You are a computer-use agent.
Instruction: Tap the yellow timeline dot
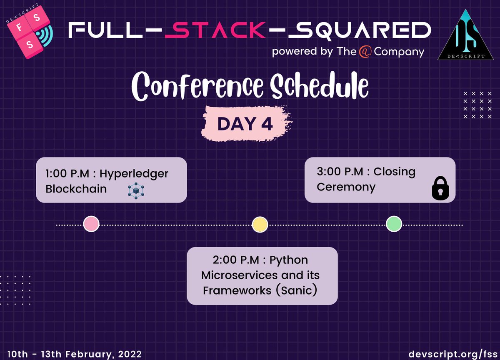point(260,225)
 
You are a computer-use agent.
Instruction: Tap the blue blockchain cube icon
point(135,190)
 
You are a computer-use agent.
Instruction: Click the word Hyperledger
point(134,173)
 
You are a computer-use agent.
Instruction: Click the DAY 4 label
point(245,124)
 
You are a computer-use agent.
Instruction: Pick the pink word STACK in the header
point(214,31)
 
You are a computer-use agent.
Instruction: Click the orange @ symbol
point(365,52)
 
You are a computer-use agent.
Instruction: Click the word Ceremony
point(346,187)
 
